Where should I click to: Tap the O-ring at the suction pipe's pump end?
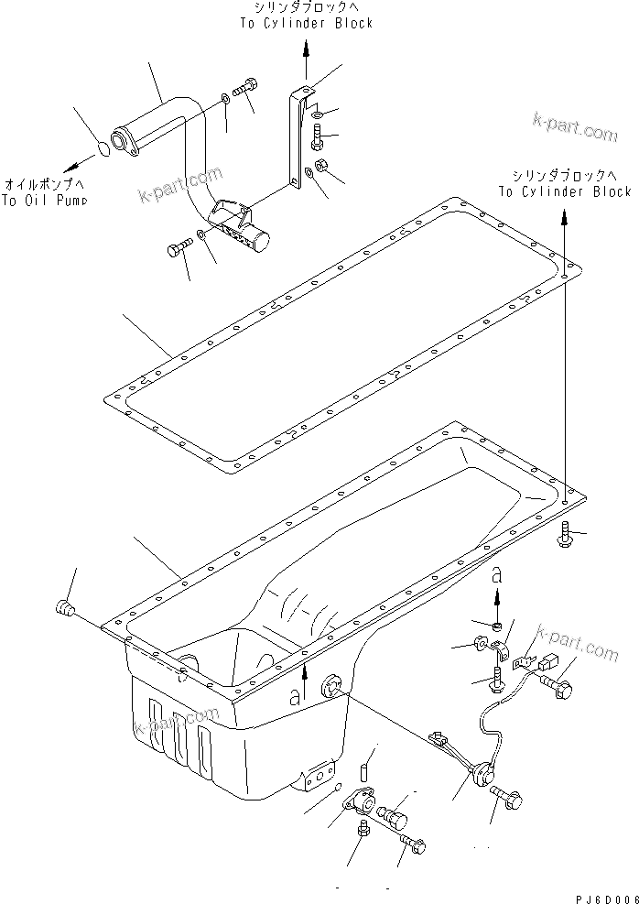(x=105, y=147)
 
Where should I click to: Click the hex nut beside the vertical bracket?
(x=321, y=167)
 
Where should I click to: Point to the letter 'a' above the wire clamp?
(x=495, y=575)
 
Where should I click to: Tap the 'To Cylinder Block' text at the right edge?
(x=564, y=191)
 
